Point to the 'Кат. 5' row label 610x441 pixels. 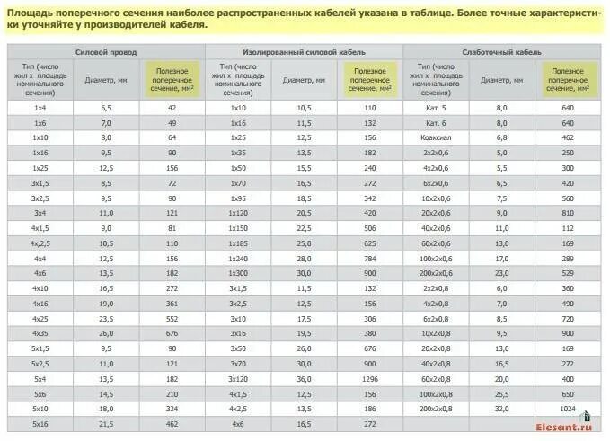436,107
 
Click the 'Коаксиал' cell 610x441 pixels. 436,137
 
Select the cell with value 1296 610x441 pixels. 370,379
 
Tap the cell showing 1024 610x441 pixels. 567,409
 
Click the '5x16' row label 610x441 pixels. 40,424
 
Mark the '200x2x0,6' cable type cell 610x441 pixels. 436,273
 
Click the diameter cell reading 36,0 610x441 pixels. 304,379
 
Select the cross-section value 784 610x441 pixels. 370,258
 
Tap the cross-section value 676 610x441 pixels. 172,333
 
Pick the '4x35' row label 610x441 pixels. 40,333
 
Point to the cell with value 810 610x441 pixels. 567,213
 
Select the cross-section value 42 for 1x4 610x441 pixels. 172,107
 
